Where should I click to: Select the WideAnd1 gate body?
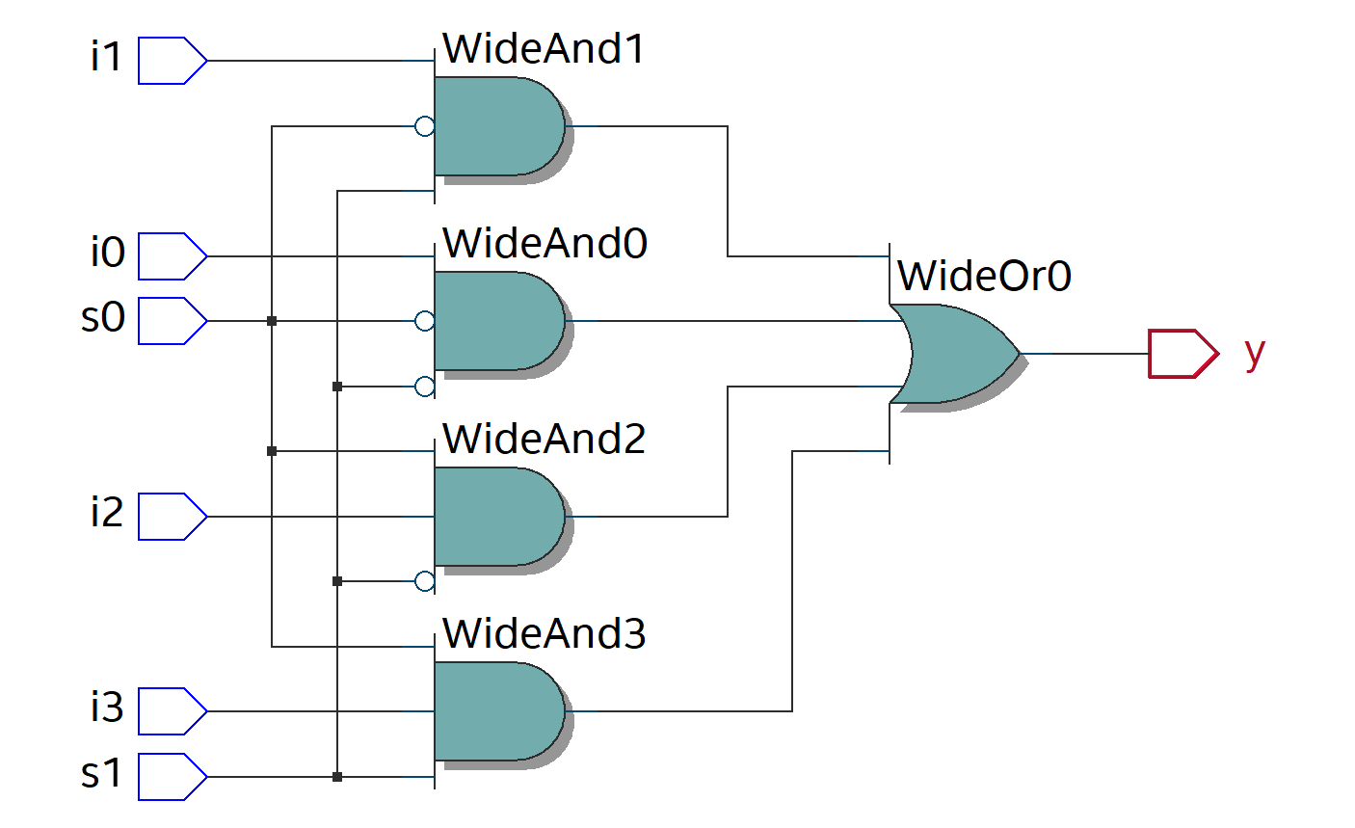click(497, 126)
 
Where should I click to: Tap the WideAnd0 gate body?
click(497, 321)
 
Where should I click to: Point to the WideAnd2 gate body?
click(497, 517)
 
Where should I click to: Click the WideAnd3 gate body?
click(497, 711)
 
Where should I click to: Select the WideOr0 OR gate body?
click(954, 354)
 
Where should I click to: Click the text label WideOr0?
click(984, 277)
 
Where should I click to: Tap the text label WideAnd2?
click(544, 440)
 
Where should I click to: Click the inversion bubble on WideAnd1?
click(424, 126)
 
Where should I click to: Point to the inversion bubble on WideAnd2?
click(424, 581)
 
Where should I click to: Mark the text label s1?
click(102, 773)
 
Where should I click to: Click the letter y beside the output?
click(1254, 353)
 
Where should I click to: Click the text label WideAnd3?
click(544, 634)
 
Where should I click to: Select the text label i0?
click(108, 253)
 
